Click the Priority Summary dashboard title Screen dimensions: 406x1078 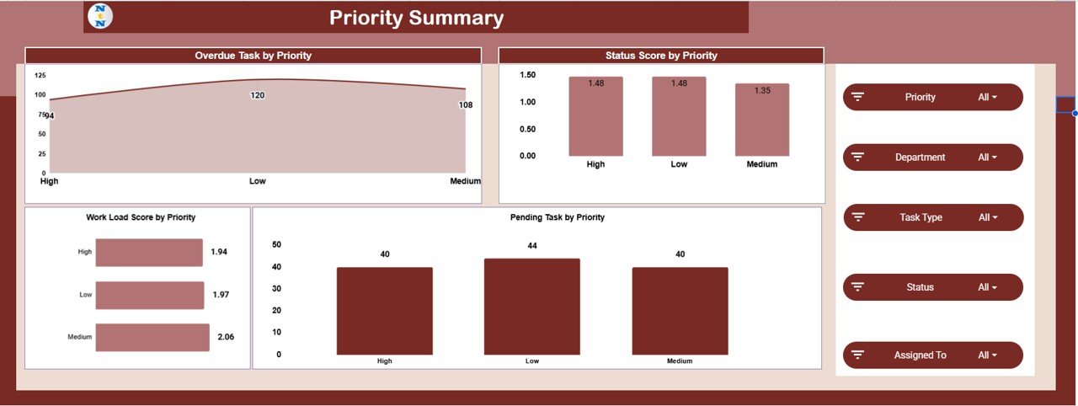pyautogui.click(x=416, y=18)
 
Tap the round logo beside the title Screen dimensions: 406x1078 pyautogui.click(x=100, y=17)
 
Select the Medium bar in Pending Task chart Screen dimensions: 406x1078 pyautogui.click(x=680, y=311)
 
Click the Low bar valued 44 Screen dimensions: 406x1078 pyautogui.click(x=531, y=307)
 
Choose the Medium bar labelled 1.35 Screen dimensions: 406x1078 pyautogui.click(x=762, y=120)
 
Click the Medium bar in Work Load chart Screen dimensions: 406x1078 pyautogui.click(x=152, y=337)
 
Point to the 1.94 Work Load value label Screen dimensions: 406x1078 pyautogui.click(x=219, y=252)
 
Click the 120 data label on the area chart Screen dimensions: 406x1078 pyautogui.click(x=258, y=95)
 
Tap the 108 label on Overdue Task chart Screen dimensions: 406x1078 pyautogui.click(x=466, y=105)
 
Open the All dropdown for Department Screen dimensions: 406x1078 pyautogui.click(x=987, y=158)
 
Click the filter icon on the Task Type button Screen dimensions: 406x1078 pyautogui.click(x=858, y=217)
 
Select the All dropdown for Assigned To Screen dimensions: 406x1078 pyautogui.click(x=987, y=355)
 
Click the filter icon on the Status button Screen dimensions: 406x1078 pyautogui.click(x=858, y=287)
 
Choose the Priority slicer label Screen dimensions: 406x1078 pyautogui.click(x=920, y=97)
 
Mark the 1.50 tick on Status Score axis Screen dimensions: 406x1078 pyautogui.click(x=527, y=75)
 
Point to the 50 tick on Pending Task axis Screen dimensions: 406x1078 pyautogui.click(x=276, y=245)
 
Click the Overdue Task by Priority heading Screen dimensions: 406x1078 pyautogui.click(x=253, y=56)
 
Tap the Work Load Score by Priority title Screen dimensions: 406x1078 pyautogui.click(x=141, y=217)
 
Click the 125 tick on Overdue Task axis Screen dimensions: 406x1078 pyautogui.click(x=40, y=76)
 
